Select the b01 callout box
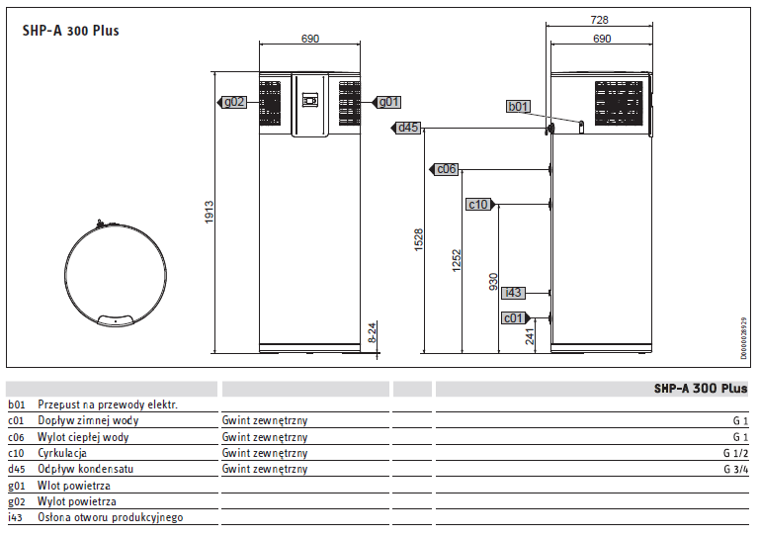pos(518,107)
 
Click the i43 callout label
pos(513,293)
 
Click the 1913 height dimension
pos(210,212)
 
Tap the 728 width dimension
pos(599,20)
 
